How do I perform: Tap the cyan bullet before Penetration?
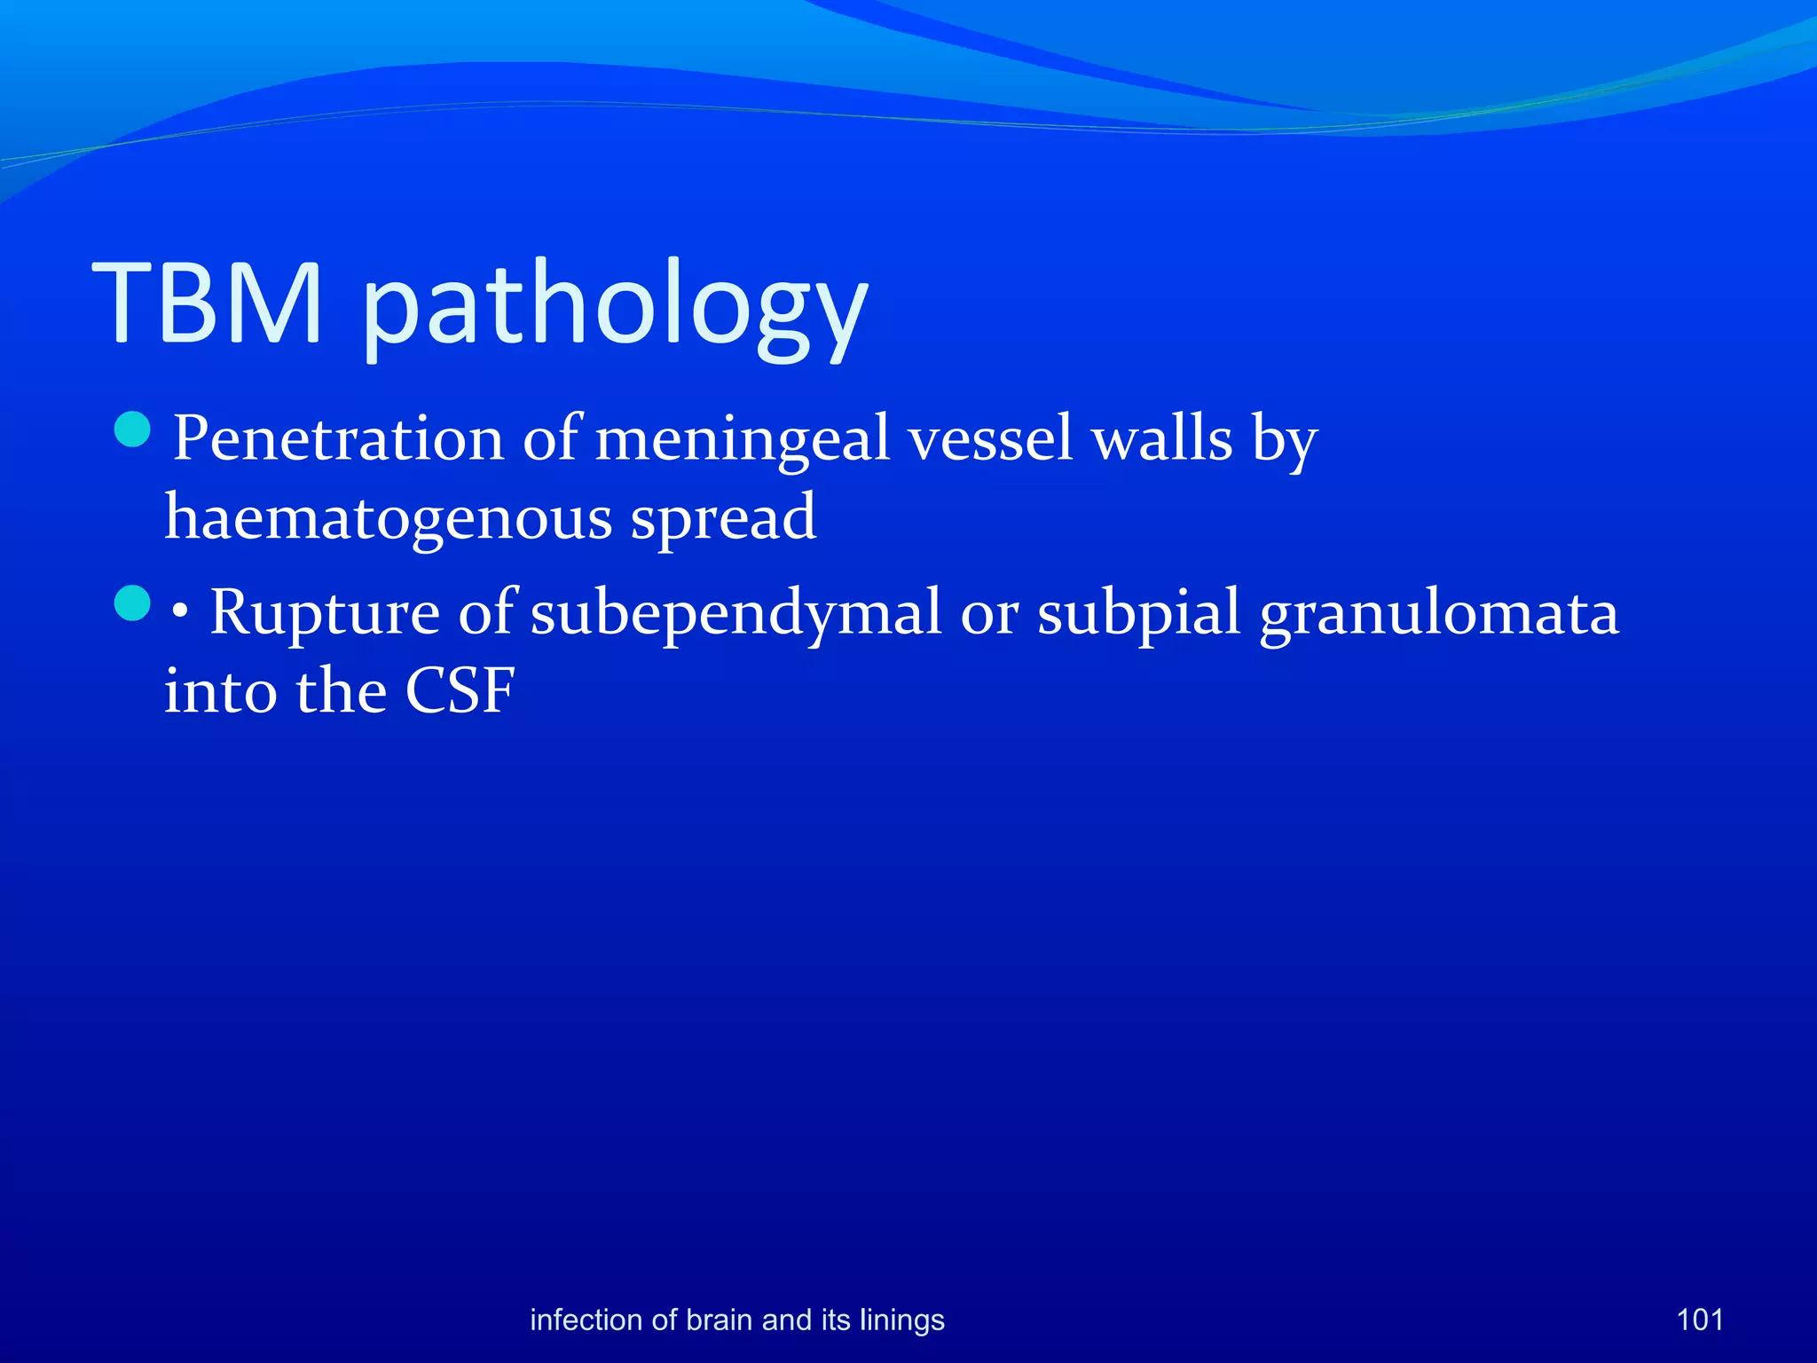coord(133,429)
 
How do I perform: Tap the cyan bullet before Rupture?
coord(133,603)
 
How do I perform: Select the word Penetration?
coord(338,438)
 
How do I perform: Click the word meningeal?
coord(742,440)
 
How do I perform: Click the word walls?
coord(1162,438)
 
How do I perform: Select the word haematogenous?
coord(388,518)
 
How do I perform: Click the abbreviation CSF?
coord(460,690)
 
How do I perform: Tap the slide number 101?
coord(1699,1320)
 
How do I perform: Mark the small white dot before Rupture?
coord(181,612)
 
